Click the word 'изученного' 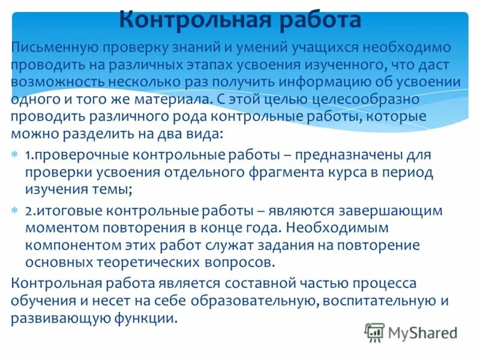point(342,64)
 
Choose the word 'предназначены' point(355,155)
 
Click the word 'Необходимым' point(338,228)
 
